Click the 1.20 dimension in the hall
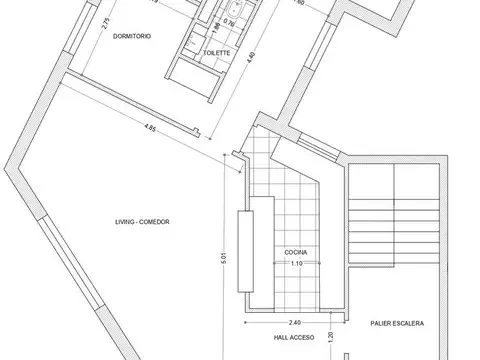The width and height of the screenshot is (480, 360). coord(330,337)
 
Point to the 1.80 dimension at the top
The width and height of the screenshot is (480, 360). coord(327,4)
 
